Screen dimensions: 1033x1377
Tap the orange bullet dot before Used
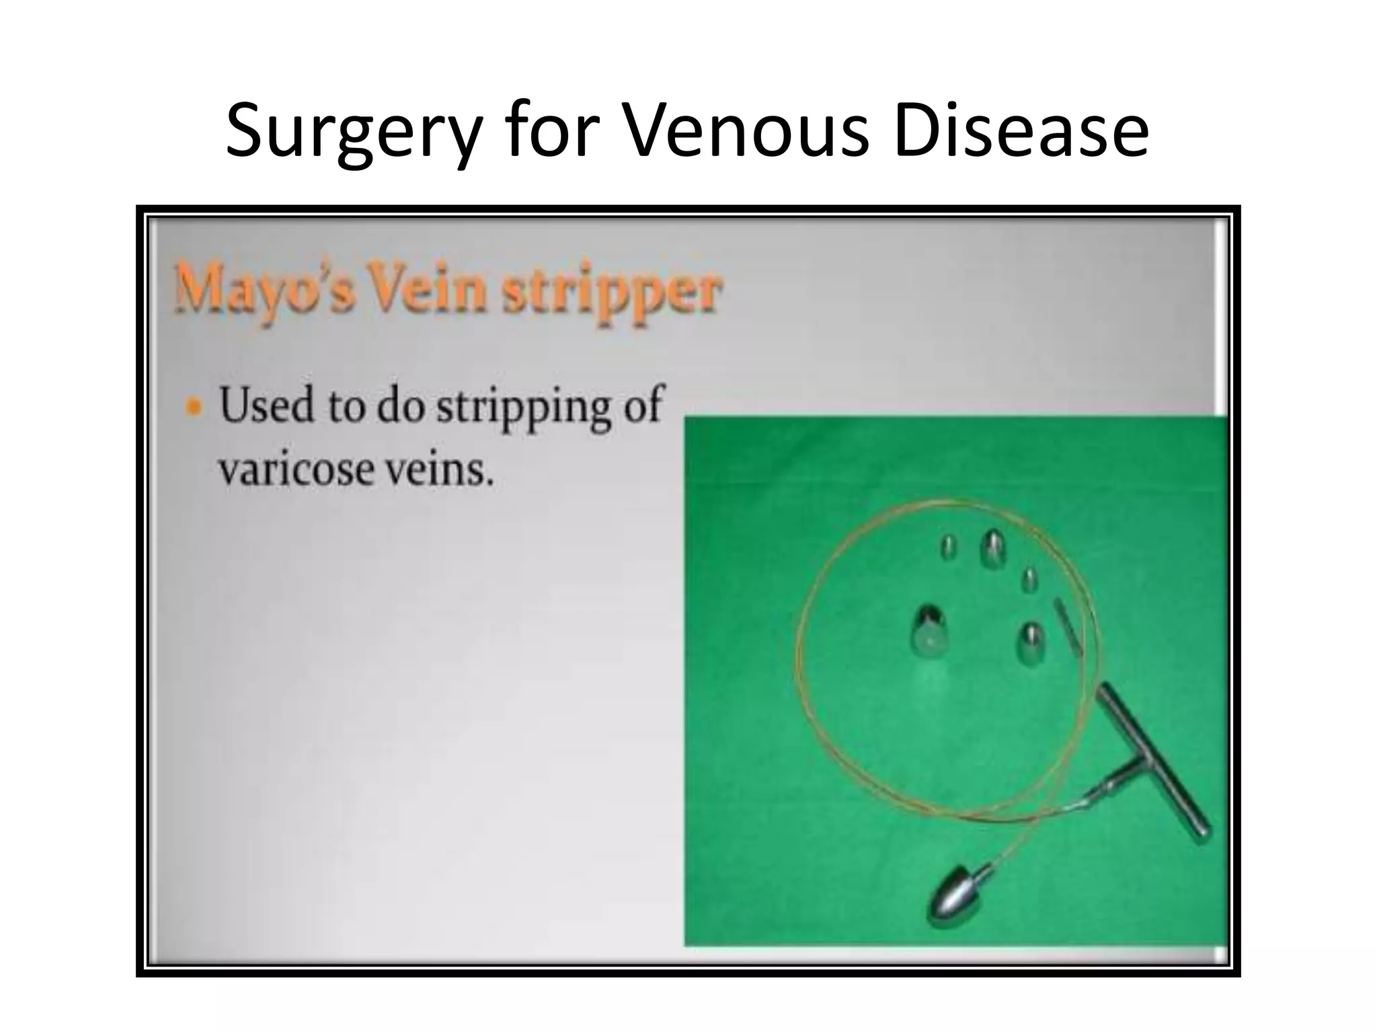194,408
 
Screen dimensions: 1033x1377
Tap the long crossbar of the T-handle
1154,767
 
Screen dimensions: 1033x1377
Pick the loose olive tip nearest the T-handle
1031,642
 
